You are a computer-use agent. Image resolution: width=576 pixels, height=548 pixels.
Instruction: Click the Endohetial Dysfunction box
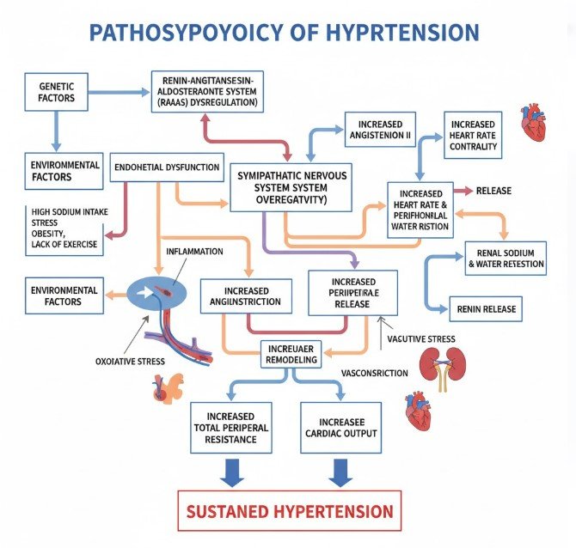167,167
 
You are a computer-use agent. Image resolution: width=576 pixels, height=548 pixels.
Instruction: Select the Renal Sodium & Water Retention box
504,258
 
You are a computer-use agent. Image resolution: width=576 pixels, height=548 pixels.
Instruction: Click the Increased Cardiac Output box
340,427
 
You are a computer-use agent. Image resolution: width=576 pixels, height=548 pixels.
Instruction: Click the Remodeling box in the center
291,354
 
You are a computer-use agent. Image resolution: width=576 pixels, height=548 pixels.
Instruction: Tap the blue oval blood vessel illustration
162,293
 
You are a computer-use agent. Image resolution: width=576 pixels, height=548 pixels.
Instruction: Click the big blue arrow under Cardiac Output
340,471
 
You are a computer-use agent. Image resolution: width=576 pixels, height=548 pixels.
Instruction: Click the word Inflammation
193,252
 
